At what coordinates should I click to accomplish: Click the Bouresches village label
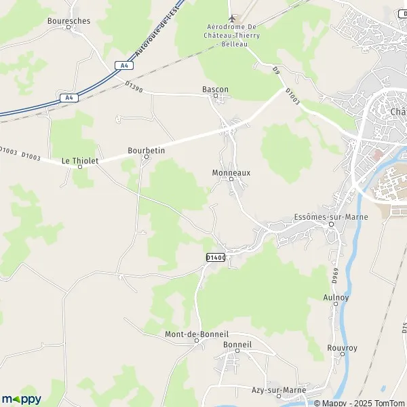pyautogui.click(x=69, y=21)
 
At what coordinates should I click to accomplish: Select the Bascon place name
pyautogui.click(x=216, y=89)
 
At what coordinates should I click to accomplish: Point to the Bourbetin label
pyautogui.click(x=147, y=150)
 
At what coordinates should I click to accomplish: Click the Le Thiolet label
pyautogui.click(x=80, y=161)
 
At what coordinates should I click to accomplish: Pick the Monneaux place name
pyautogui.click(x=231, y=173)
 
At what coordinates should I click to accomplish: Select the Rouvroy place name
pyautogui.click(x=342, y=348)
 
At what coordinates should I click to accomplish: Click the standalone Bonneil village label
pyautogui.click(x=237, y=345)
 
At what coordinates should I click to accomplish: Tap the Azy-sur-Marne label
pyautogui.click(x=279, y=391)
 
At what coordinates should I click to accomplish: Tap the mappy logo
pyautogui.click(x=22, y=399)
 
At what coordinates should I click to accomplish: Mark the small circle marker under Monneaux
pyautogui.click(x=231, y=180)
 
